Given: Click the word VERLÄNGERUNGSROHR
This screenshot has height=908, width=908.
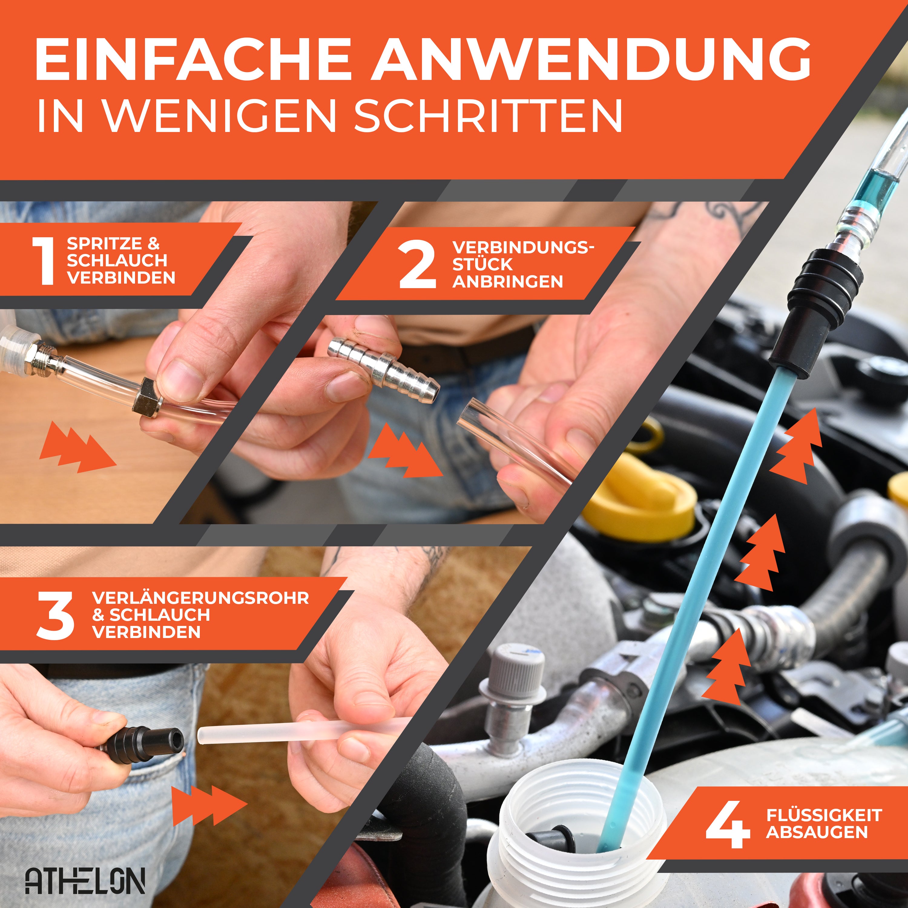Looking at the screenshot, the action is pyautogui.click(x=201, y=598).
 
